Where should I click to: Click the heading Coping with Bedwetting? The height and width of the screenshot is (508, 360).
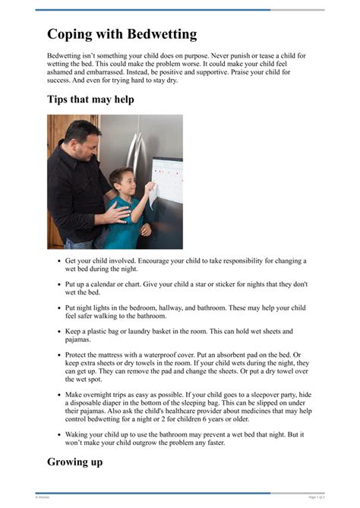(122, 34)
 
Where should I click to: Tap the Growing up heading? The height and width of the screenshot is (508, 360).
(74, 461)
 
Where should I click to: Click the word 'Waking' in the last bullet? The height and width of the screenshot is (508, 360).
(79, 435)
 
